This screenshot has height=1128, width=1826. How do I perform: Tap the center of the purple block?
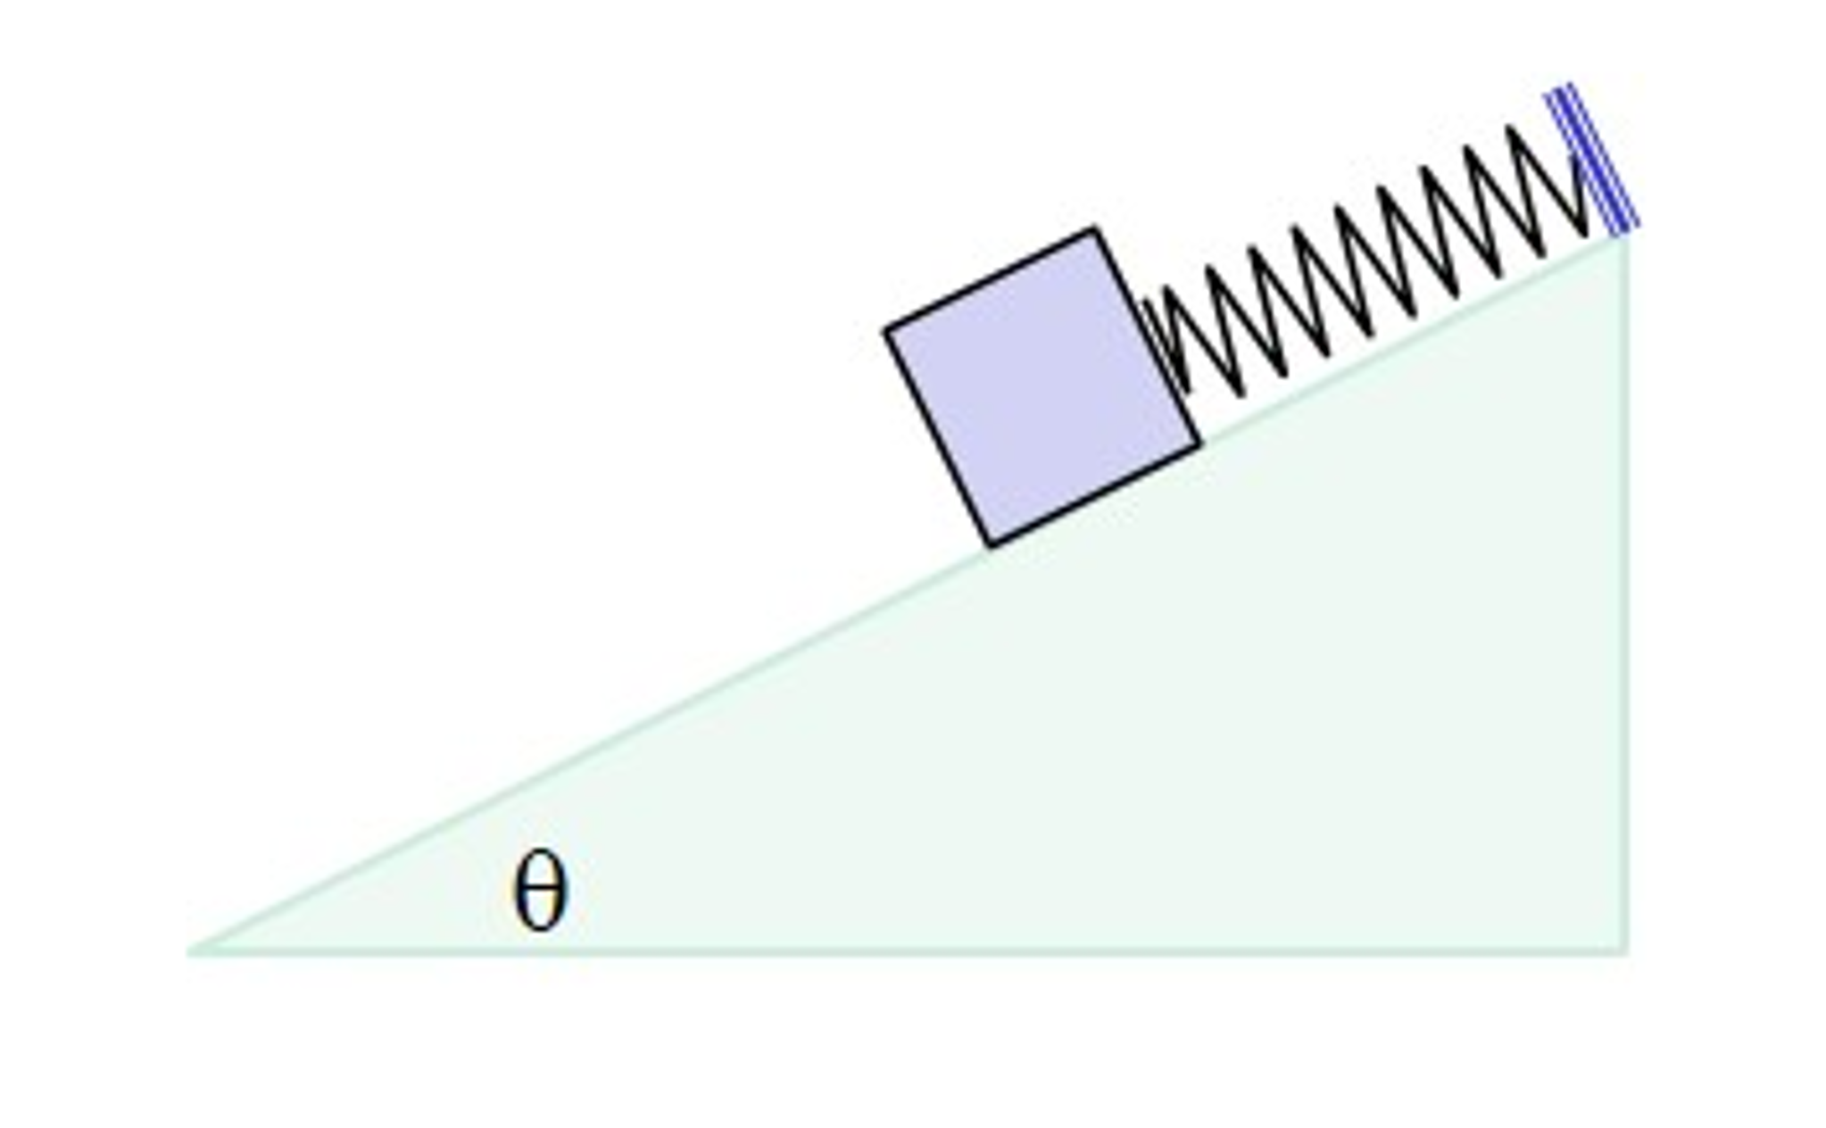pos(1042,386)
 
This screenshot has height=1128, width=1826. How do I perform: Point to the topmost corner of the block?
pos(1095,230)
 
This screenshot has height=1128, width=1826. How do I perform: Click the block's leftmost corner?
pos(886,331)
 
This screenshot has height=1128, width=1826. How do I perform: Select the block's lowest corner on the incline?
pos(991,544)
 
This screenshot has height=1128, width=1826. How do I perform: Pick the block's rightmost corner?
pos(1199,442)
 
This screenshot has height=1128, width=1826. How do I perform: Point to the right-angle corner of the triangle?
pos(1627,951)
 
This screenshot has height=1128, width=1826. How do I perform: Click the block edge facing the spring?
pos(1148,336)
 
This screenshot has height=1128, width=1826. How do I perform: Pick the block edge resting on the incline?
pos(1095,493)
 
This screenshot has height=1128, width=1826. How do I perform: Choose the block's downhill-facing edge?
pos(938,437)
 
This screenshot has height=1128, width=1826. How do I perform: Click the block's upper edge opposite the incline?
pos(991,280)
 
